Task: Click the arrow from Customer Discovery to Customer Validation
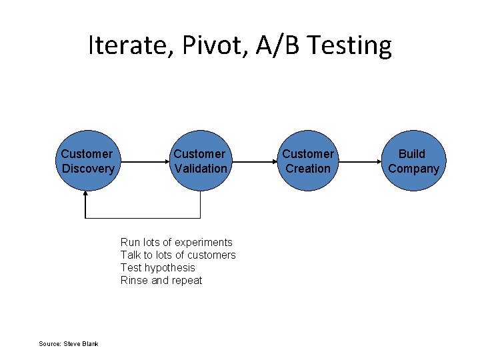143,161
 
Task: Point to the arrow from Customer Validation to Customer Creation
255,161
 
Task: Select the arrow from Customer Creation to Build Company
361,161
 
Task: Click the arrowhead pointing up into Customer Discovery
85,195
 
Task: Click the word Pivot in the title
203,45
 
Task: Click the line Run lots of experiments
176,242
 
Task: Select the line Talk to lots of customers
178,255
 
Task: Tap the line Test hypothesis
157,267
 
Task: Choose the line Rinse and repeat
161,280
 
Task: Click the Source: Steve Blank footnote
68,343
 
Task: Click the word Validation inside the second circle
200,169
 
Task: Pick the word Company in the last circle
414,169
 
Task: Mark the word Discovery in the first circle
88,169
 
